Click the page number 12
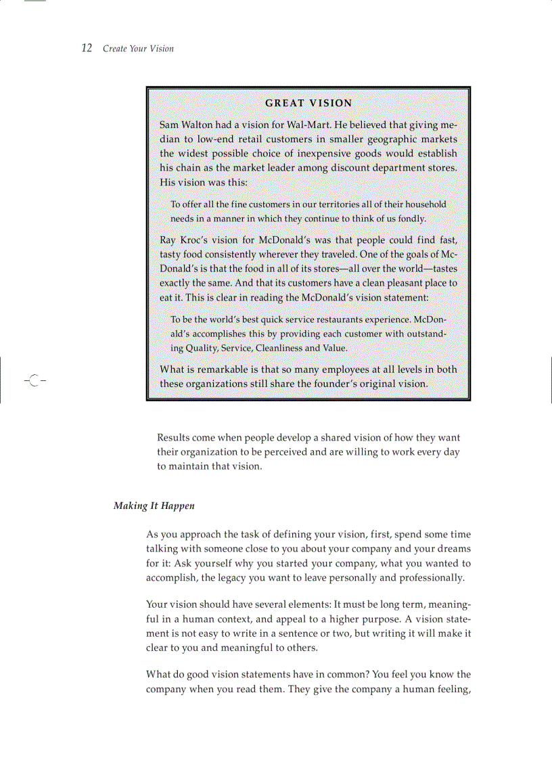pyautogui.click(x=87, y=48)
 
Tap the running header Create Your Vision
pyautogui.click(x=138, y=49)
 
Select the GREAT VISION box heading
pyautogui.click(x=308, y=103)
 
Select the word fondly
pyautogui.click(x=410, y=219)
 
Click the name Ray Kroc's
pyautogui.click(x=185, y=240)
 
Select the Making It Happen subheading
pyautogui.click(x=154, y=506)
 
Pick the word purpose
pyautogui.click(x=380, y=619)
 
